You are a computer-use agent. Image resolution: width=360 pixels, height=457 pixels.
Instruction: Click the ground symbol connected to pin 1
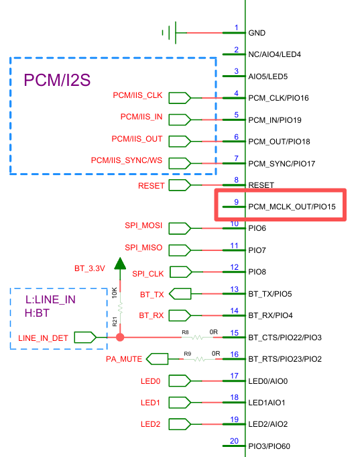[x=170, y=33]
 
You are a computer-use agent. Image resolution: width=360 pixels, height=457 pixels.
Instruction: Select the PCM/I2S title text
[x=57, y=80]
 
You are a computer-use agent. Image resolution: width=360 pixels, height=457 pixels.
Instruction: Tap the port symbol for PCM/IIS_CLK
[x=180, y=98]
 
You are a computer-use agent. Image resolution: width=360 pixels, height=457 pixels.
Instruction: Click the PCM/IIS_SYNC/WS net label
[x=127, y=160]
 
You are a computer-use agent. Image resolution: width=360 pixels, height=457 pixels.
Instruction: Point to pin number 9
[x=236, y=202]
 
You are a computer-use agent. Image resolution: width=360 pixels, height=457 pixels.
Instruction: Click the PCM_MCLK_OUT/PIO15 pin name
[x=292, y=207]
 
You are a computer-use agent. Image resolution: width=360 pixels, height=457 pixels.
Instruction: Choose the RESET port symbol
[x=180, y=185]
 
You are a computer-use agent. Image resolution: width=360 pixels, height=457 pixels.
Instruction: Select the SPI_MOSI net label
[x=143, y=225]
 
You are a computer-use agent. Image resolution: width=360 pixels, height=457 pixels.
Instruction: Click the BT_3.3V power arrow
[x=120, y=263]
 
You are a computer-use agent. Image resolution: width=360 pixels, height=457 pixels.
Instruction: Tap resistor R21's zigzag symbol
[x=120, y=309]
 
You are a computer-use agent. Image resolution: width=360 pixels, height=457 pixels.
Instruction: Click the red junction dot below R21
[x=120, y=338]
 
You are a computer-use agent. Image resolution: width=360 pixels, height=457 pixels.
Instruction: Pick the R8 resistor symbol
[x=198, y=338]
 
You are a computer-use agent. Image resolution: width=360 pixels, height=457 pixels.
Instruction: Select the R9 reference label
[x=187, y=354]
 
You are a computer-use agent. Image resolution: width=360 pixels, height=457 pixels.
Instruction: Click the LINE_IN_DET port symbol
[x=85, y=338]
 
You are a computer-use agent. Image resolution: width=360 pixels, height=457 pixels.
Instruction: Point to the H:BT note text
[x=37, y=313]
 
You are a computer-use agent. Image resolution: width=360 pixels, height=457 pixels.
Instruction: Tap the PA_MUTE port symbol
[x=157, y=359]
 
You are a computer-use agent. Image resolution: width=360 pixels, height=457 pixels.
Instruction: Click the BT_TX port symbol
[x=180, y=294]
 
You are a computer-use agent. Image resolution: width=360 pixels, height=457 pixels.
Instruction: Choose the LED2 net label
[x=150, y=424]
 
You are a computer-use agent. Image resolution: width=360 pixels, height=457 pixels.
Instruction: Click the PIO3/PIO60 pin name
[x=269, y=446]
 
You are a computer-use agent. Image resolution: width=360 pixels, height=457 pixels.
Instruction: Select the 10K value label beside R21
[x=115, y=293]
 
